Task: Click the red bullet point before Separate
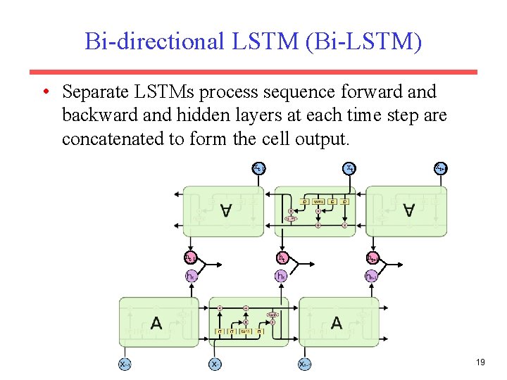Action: click(x=44, y=92)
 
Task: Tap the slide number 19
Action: click(x=481, y=362)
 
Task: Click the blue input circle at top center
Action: click(x=349, y=168)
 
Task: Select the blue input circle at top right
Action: click(x=440, y=168)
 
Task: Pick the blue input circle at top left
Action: click(x=259, y=168)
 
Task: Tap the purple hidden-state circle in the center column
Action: click(x=282, y=276)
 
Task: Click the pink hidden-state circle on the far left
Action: click(x=191, y=258)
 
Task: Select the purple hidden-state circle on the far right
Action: click(x=372, y=276)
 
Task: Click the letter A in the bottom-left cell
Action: click(x=156, y=323)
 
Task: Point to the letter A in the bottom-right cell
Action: click(x=337, y=323)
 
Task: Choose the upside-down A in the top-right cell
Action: click(x=407, y=210)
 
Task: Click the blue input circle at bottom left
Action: click(x=125, y=365)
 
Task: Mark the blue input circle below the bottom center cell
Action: click(x=215, y=365)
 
